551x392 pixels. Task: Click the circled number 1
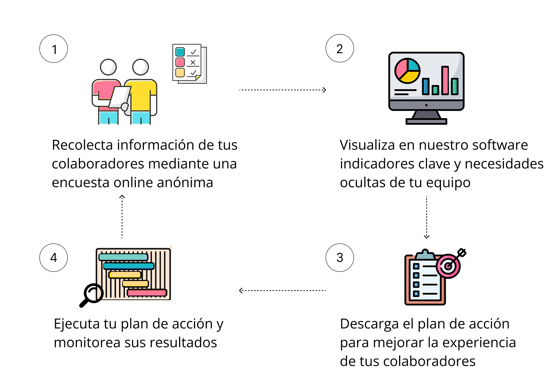pos(54,49)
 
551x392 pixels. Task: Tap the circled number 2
pos(340,48)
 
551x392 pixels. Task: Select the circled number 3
pos(340,258)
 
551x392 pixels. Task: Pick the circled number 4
pos(54,258)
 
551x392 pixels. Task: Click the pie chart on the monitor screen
pos(408,71)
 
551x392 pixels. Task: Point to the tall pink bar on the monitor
pos(445,80)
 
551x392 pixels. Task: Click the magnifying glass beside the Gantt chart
pos(91,295)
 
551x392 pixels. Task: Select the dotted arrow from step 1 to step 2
pos(283,90)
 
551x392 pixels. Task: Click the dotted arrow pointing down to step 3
pos(427,217)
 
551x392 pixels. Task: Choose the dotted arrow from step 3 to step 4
pos(282,291)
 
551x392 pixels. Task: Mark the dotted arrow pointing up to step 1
pos(122,216)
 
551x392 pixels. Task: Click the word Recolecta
pos(82,145)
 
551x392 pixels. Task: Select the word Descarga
pos(369,325)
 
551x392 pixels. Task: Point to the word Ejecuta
pos(77,325)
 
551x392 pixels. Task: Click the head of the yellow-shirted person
pos(140,67)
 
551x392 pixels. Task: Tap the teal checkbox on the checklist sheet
pos(180,52)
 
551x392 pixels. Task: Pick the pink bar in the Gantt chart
pos(147,293)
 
